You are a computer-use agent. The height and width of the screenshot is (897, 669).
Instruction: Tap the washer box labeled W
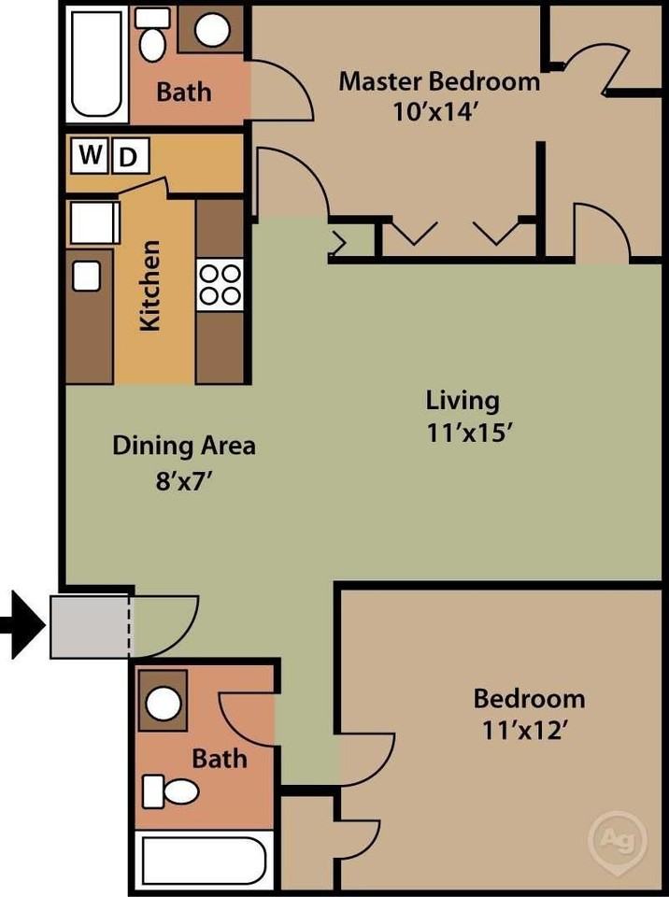pos(90,155)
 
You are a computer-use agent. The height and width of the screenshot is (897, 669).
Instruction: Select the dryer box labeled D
pos(128,157)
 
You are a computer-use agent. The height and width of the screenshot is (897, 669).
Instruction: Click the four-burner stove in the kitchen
pos(220,284)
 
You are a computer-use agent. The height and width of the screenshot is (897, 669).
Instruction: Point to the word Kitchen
pos(150,285)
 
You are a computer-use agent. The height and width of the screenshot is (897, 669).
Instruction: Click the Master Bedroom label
pos(438,81)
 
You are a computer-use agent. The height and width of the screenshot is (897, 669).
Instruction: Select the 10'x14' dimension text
pos(438,110)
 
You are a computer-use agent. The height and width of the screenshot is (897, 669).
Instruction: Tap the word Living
pos(463,401)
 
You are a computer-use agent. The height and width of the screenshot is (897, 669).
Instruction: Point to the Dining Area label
pos(184,446)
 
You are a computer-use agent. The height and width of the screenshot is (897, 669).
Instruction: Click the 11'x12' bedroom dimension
pos(529,730)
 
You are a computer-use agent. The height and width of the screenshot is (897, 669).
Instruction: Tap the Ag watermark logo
pos(617,834)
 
